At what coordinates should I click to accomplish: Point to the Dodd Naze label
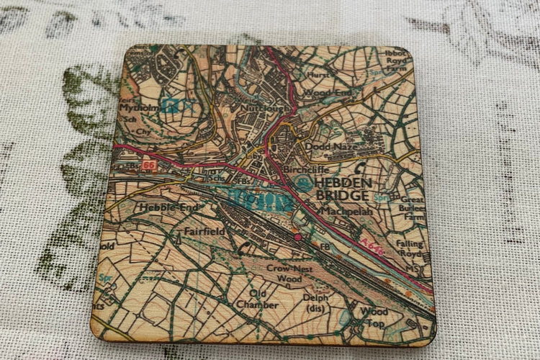coord(328,147)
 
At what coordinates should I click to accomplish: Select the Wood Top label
coord(374,318)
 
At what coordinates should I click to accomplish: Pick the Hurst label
coord(318,73)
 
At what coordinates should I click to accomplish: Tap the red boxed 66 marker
coord(149,166)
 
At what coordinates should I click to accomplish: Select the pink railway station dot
coord(297,236)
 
